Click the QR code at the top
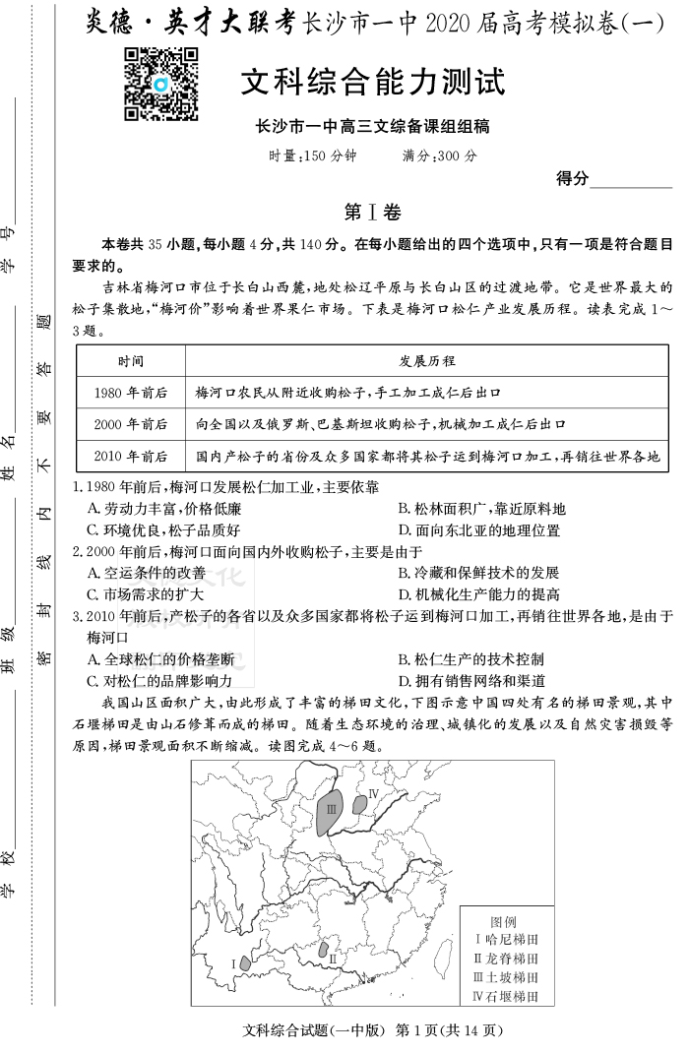tap(161, 84)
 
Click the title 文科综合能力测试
tap(372, 83)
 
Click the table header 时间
tap(130, 361)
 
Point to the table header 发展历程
tap(426, 361)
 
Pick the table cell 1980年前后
tap(130, 393)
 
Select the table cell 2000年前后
tap(130, 424)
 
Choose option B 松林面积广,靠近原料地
tap(481, 509)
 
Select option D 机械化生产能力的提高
tap(478, 594)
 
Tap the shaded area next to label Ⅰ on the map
tap(245, 959)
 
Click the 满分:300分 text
tap(439, 155)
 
